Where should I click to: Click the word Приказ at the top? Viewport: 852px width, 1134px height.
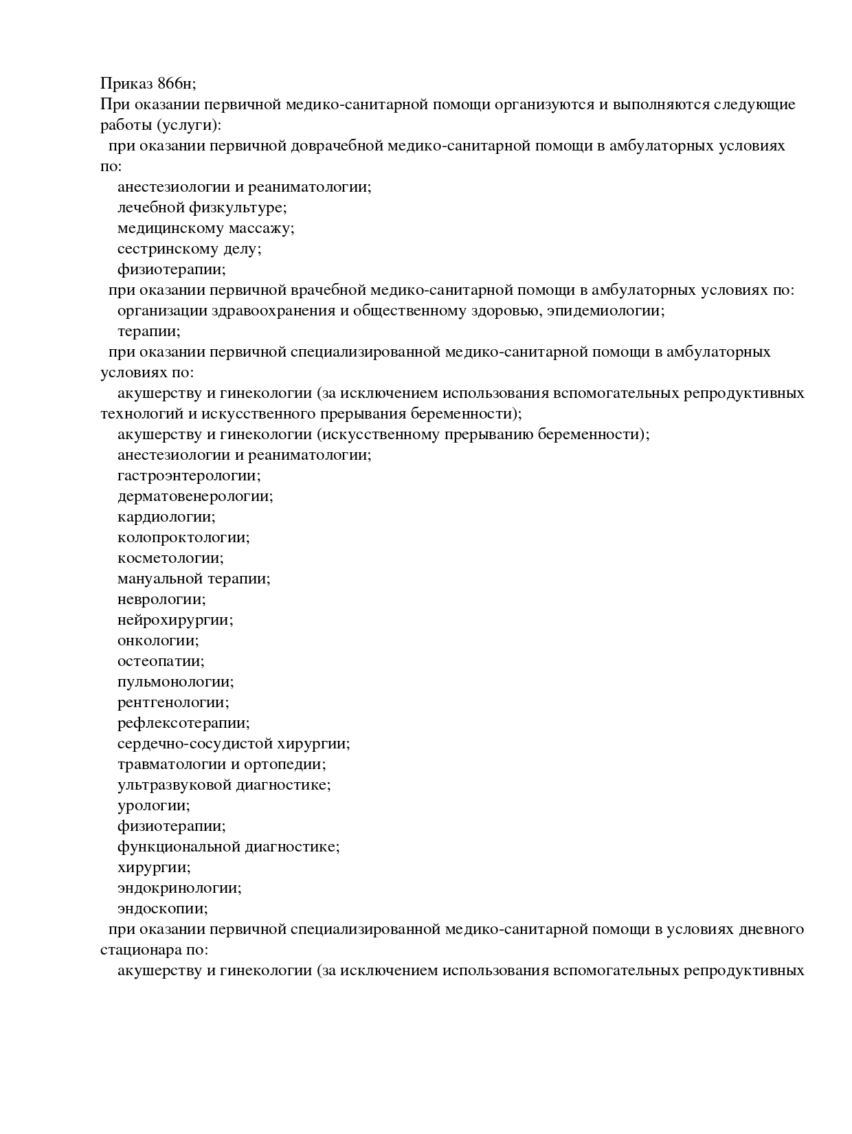pyautogui.click(x=126, y=84)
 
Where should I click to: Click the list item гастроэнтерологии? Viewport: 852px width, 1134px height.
pyautogui.click(x=189, y=476)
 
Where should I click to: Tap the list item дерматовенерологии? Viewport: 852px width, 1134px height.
pyautogui.click(x=195, y=496)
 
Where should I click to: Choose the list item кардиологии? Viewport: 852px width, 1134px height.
pyautogui.click(x=166, y=517)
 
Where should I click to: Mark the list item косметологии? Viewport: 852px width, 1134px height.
pyautogui.click(x=170, y=558)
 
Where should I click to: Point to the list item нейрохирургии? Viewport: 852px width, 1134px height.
pyautogui.click(x=175, y=620)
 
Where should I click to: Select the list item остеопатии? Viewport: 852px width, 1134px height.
pyautogui.click(x=161, y=661)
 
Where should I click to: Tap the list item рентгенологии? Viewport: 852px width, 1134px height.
pyautogui.click(x=173, y=702)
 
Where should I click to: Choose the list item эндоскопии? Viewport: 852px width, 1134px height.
pyautogui.click(x=162, y=909)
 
